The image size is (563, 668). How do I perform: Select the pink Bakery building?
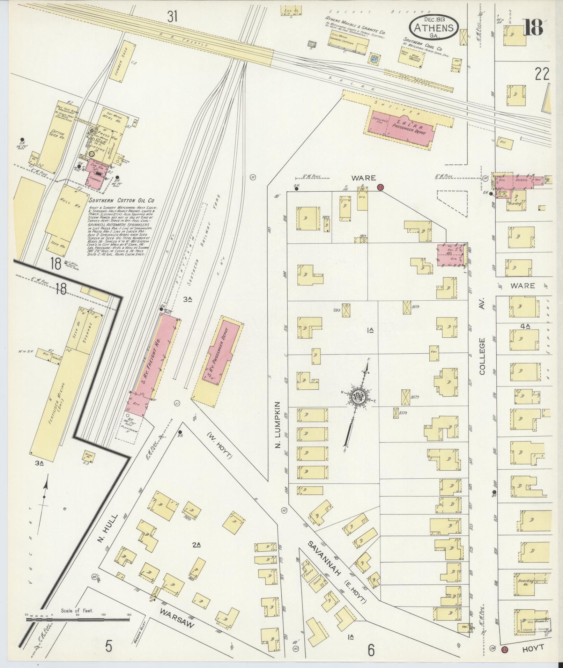(x=520, y=182)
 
